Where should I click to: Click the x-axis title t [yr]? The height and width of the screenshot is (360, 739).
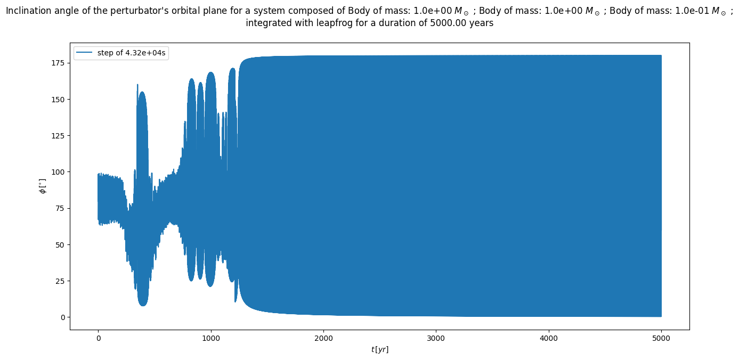point(380,349)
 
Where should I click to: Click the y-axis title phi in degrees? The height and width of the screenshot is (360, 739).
point(43,186)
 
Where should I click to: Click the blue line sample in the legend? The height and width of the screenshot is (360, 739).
point(85,53)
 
